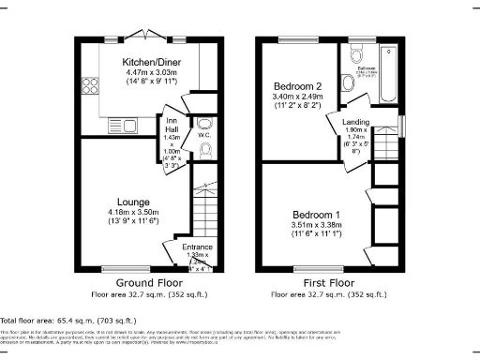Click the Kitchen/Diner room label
pyautogui.click(x=152, y=63)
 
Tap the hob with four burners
pyautogui.click(x=91, y=86)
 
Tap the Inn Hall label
pyautogui.click(x=171, y=124)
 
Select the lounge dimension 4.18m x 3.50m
pyautogui.click(x=134, y=213)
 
